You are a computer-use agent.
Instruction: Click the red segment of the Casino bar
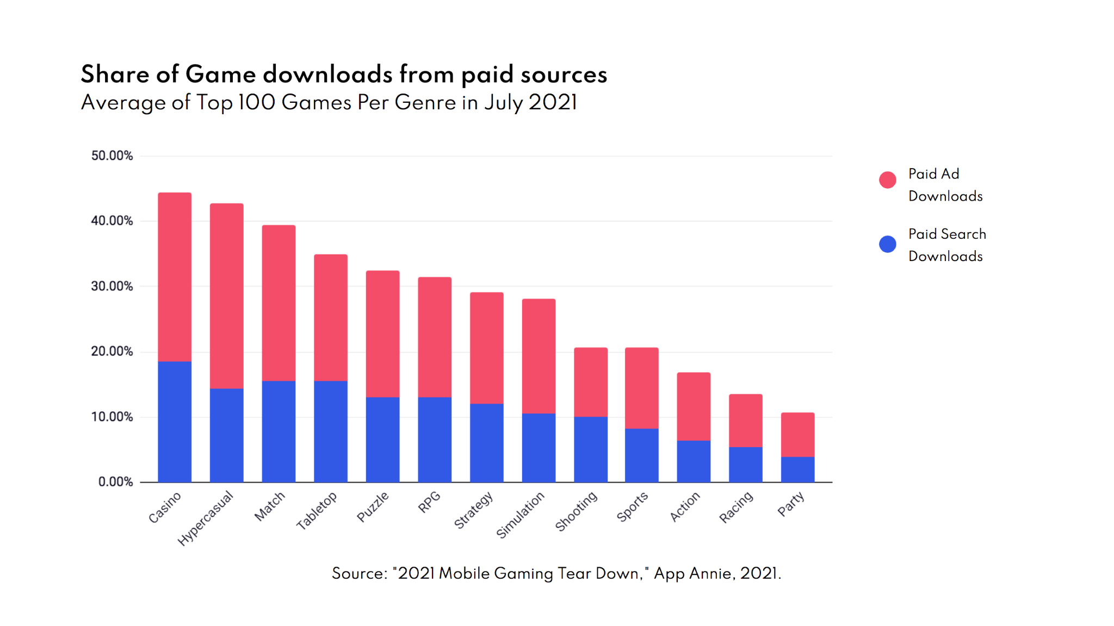tap(175, 277)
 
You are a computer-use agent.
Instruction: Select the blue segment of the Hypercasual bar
tap(226, 435)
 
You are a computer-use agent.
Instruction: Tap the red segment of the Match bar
tap(278, 303)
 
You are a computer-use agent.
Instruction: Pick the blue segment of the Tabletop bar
tap(331, 431)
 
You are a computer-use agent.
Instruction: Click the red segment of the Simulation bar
tap(539, 356)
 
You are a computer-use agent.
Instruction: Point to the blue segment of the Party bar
tap(797, 469)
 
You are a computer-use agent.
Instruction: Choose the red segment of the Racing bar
tap(745, 420)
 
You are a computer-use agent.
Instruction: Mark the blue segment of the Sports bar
tap(641, 455)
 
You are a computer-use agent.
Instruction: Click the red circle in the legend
tap(887, 180)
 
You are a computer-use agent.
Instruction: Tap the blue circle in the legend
tap(887, 244)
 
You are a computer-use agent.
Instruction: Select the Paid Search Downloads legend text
tap(946, 245)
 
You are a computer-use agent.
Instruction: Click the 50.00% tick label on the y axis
tap(112, 156)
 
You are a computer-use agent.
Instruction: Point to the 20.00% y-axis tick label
tap(112, 351)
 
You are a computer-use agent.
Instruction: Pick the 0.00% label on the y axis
tap(115, 482)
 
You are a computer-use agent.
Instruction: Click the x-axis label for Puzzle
tap(373, 506)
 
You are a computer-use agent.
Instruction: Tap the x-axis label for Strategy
tap(474, 510)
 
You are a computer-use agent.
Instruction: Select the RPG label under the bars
tap(429, 502)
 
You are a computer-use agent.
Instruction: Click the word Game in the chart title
tap(220, 75)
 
